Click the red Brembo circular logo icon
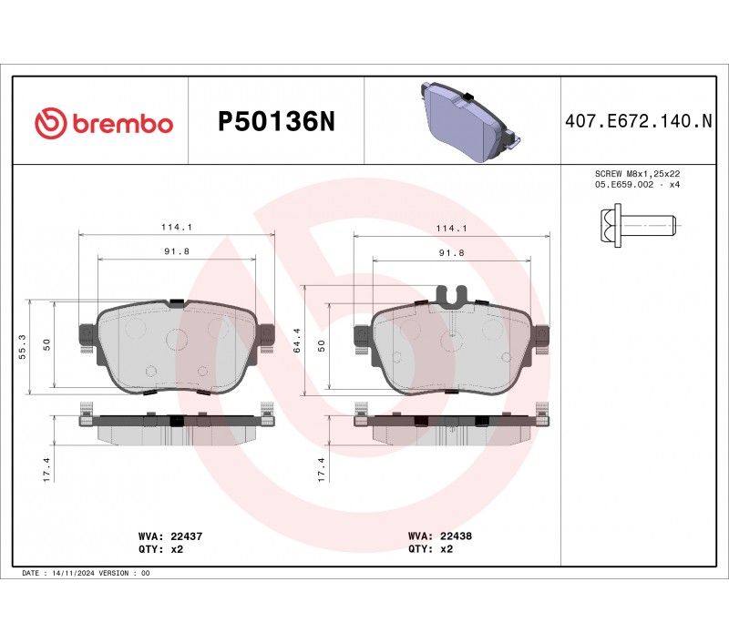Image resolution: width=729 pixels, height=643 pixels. (48, 123)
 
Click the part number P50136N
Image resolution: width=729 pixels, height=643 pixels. (276, 122)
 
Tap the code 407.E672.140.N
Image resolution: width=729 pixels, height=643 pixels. (639, 121)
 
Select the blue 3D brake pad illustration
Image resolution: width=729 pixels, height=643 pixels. (469, 122)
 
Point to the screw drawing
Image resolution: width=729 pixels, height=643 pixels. (637, 225)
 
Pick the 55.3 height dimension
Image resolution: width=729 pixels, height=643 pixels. (22, 347)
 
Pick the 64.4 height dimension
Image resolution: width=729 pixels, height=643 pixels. (297, 341)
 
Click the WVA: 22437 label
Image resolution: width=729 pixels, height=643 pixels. (170, 536)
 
